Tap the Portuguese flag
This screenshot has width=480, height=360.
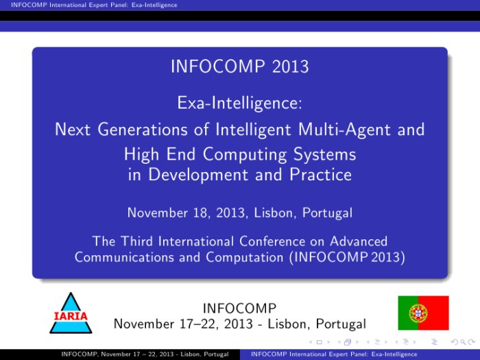(423, 313)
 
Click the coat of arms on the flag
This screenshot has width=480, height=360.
(418, 313)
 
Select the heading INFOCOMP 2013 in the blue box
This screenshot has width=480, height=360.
(240, 67)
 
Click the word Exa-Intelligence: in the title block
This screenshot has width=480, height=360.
(240, 103)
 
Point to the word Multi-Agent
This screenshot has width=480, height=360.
(344, 130)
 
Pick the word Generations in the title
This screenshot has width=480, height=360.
(143, 129)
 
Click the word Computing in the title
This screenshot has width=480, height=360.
(245, 154)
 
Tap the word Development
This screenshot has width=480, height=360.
(198, 175)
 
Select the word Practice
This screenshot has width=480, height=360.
(320, 174)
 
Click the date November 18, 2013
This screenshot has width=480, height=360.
(186, 213)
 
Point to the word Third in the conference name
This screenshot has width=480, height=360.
(136, 241)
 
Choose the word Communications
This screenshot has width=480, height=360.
(124, 257)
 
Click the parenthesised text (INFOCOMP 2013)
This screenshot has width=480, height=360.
(347, 257)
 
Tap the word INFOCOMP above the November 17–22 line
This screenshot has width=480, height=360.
(240, 309)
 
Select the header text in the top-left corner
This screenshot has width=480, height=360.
(94, 5)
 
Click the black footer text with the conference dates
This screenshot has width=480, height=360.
(145, 355)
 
